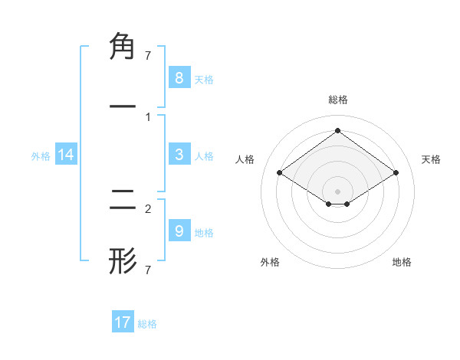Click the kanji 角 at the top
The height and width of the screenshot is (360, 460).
coord(123,47)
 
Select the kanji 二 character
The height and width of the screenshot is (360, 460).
coord(123,201)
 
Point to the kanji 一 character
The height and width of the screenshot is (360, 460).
coord(123,107)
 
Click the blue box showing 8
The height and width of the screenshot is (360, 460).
coord(179,77)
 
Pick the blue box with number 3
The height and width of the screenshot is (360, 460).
coord(179,155)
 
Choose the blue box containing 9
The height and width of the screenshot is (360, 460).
coord(179,231)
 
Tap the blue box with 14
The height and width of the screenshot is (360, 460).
coord(66,155)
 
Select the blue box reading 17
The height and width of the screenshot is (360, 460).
coord(123,322)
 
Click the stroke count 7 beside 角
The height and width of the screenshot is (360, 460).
coord(148,56)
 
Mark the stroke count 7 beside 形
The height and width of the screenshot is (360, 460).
coord(148,270)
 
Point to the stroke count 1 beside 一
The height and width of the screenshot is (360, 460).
coord(148,116)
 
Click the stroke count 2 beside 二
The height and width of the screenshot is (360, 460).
coord(148,208)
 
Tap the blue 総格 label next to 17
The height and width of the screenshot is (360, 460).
coord(147,324)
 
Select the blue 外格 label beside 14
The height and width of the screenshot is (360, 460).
coord(41,156)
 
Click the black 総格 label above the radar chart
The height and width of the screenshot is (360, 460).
coord(337,100)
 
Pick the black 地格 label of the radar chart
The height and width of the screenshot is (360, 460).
coord(402,262)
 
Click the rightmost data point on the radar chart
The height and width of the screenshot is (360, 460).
coord(396,173)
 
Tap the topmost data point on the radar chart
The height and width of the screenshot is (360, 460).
coord(337,130)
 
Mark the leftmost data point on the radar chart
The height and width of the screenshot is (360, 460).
coord(279,173)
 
